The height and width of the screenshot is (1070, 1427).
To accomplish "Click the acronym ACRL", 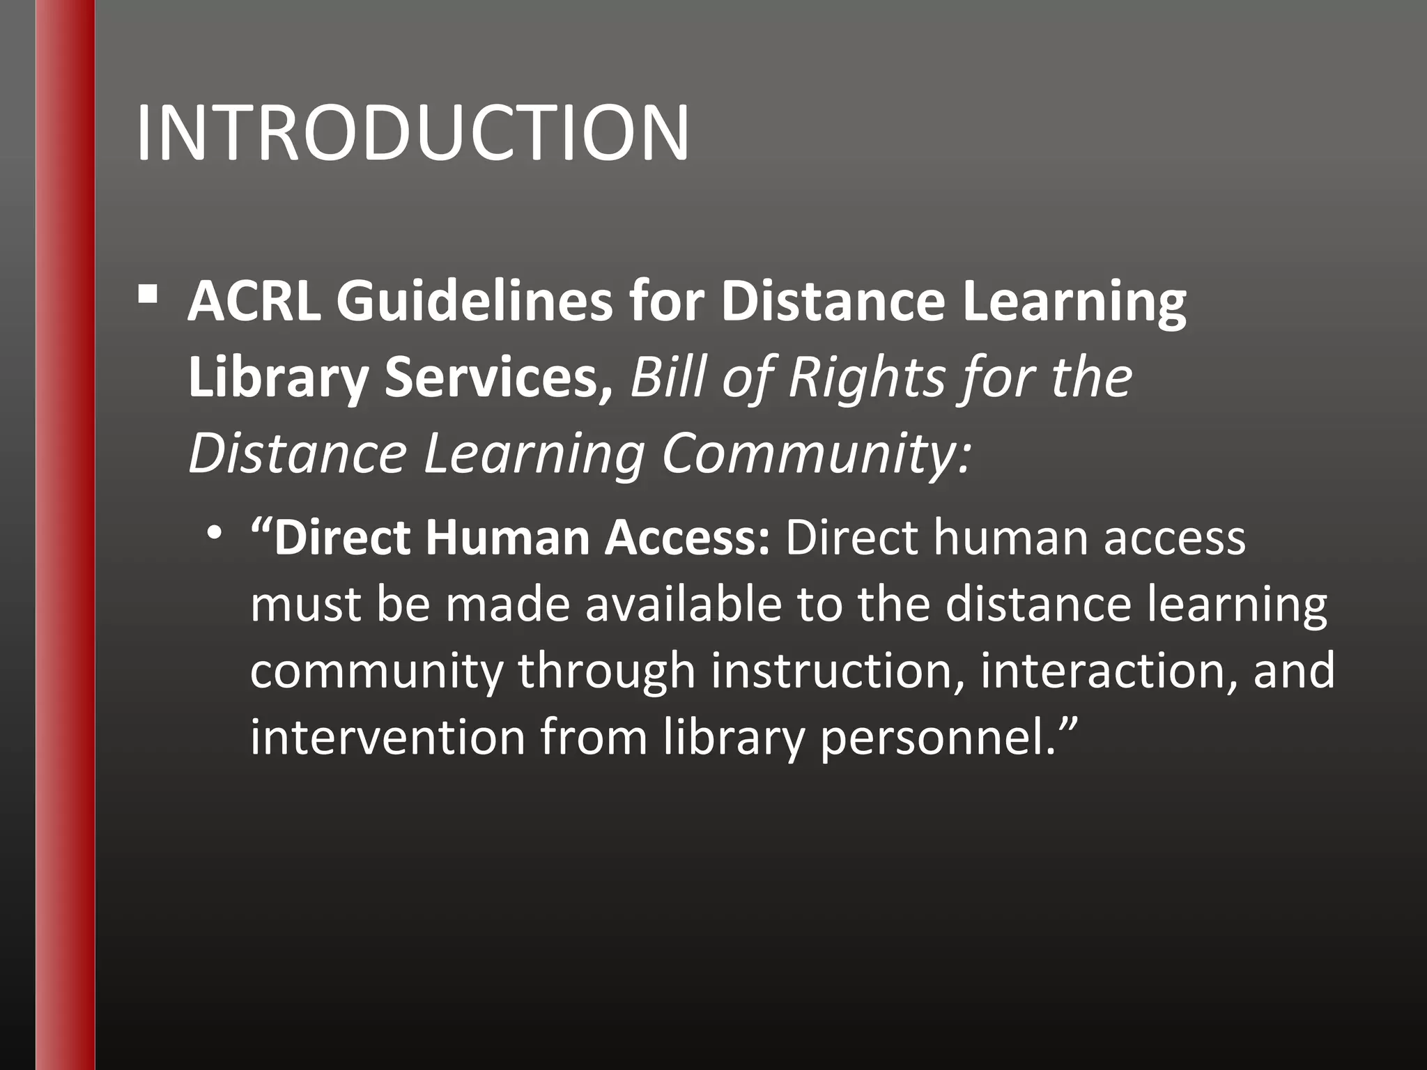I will click(254, 302).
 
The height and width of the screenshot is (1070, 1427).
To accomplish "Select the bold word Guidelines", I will click(475, 302).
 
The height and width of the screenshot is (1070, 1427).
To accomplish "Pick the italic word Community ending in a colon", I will click(815, 453).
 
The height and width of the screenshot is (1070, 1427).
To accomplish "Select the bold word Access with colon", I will click(687, 538).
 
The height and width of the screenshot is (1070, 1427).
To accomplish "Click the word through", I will click(606, 670).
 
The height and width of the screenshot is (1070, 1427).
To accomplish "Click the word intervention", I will click(387, 736).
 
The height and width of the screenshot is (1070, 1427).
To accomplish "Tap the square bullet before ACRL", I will click(148, 295).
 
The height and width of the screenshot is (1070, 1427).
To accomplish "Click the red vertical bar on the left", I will click(65, 535).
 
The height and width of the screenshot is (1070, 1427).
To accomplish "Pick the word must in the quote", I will click(305, 604).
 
